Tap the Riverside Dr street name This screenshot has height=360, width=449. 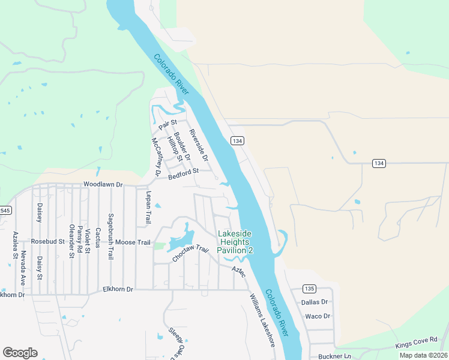click(198, 146)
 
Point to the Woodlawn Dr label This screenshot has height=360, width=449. click(103, 185)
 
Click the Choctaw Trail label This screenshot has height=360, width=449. click(190, 254)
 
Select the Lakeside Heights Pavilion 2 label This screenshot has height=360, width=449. click(235, 242)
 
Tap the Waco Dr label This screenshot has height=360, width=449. click(318, 316)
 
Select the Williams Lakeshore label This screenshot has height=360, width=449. click(262, 320)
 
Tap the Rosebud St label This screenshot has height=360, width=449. click(47, 242)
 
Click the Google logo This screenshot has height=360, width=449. click(20, 353)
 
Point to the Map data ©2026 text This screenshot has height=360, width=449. click(423, 355)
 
